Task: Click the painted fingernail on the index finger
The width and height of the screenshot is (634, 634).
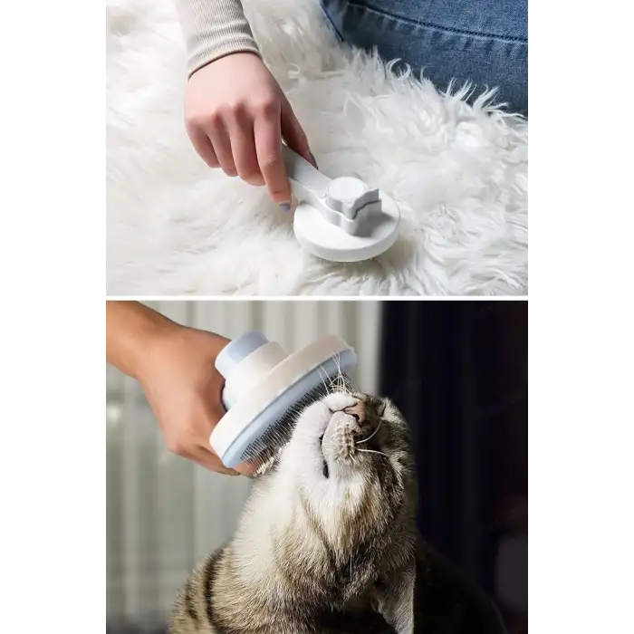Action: coord(283,206)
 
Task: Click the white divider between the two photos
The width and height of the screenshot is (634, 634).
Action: coord(317,296)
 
